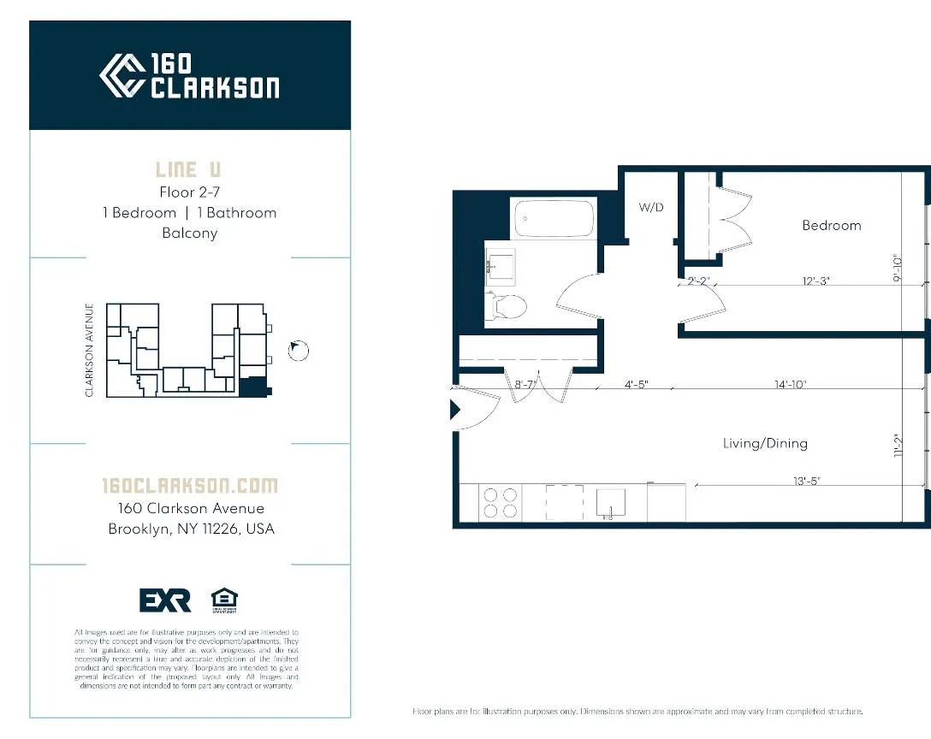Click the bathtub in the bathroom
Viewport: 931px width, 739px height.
(x=554, y=219)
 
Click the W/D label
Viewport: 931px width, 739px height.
(x=651, y=207)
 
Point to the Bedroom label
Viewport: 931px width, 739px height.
(x=831, y=226)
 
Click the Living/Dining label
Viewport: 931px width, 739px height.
(x=765, y=443)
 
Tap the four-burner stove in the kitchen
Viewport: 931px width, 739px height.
(x=501, y=502)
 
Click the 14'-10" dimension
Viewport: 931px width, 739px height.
(x=791, y=385)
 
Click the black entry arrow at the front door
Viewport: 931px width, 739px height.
(x=455, y=411)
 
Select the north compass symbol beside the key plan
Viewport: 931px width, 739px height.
(x=299, y=350)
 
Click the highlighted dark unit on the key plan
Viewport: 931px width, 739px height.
(x=254, y=387)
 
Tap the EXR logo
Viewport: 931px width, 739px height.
(x=165, y=600)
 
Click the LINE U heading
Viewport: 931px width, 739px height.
(x=188, y=169)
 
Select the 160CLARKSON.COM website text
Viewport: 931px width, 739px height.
(x=190, y=486)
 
